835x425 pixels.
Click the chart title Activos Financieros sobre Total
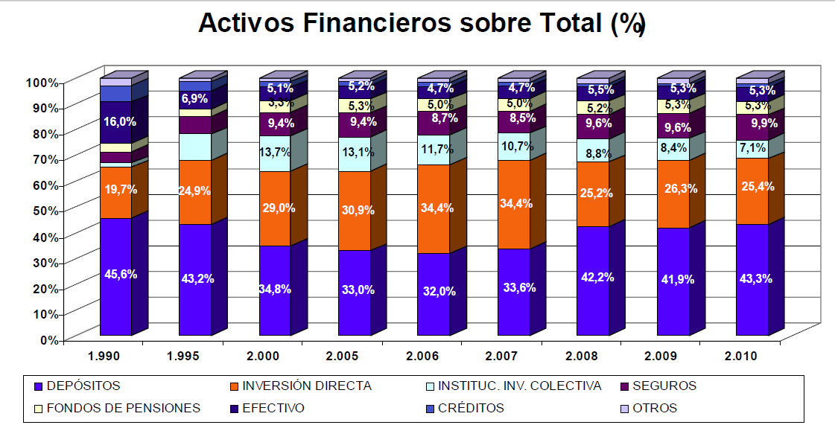421,24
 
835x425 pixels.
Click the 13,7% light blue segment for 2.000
275,153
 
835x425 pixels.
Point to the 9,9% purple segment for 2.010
752,123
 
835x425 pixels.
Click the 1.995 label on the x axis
183,357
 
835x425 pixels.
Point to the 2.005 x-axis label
343,357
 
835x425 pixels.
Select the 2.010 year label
741,357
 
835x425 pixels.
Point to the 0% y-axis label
49,339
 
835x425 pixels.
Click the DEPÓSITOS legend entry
82,386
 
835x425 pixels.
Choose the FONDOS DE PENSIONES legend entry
123,408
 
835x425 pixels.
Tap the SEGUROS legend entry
663,386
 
